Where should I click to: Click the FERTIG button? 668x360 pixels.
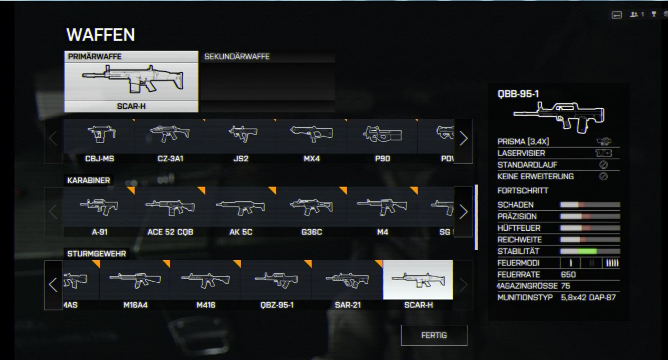(434, 335)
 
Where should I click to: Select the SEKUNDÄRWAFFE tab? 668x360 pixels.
(267, 57)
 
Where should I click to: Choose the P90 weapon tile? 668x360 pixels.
(382, 140)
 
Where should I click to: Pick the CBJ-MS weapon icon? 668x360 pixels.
(99, 140)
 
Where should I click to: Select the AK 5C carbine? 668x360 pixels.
(241, 211)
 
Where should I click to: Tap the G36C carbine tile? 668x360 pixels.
(311, 211)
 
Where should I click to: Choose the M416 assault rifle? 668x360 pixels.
(205, 284)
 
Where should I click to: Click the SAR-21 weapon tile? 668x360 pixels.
(347, 284)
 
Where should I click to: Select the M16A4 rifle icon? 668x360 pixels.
(134, 284)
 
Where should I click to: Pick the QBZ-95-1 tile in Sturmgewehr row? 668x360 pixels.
(276, 284)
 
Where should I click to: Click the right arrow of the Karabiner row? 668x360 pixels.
(463, 211)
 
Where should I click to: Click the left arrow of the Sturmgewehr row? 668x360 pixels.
(53, 285)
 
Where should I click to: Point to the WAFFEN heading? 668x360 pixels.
(100, 35)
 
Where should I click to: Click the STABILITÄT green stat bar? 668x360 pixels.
(590, 251)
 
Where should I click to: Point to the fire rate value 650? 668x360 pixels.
(568, 274)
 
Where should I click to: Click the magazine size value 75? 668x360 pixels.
(565, 286)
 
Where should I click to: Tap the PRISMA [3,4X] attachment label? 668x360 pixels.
(523, 142)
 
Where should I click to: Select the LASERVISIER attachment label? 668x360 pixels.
(521, 153)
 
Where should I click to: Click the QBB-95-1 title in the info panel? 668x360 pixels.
(518, 95)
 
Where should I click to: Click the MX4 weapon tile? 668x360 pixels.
(311, 140)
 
